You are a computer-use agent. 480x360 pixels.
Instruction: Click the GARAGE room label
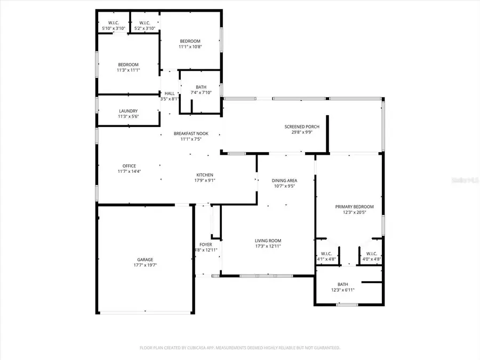coord(145,260)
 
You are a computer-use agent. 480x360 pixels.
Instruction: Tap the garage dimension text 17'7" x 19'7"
coord(145,265)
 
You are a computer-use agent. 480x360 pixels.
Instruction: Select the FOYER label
coord(206,244)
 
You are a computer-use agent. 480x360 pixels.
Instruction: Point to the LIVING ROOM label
coord(268,241)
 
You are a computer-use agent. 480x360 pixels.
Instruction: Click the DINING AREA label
coord(285,181)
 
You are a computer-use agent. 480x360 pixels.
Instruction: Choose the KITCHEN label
coord(205,175)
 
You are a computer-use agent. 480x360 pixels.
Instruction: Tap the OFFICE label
coord(129,166)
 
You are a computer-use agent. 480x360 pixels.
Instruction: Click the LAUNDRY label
coord(128,111)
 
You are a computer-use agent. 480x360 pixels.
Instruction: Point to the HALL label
coord(170,93)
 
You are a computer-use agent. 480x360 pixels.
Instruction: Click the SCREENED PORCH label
coord(302,126)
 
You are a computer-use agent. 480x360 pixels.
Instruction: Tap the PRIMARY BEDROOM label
coord(354,207)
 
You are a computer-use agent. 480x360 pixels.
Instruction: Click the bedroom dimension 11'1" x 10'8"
coord(190,47)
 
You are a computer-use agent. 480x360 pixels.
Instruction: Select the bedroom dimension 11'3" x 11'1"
coord(128,70)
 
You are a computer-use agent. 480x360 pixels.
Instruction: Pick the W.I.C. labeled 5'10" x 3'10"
coord(113,28)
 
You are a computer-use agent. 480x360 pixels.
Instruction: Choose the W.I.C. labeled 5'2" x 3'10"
coord(144,28)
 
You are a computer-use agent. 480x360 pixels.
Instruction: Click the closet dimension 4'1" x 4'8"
coord(326,259)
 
